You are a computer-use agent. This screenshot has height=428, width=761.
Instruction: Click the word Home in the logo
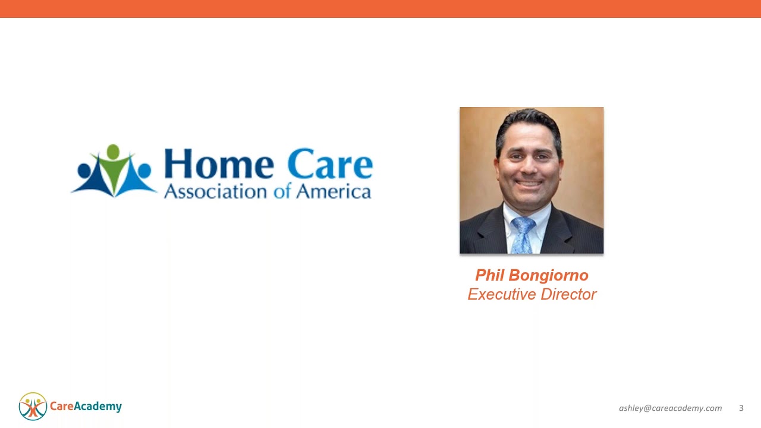(218, 164)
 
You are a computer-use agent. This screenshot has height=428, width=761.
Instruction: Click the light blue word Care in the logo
(330, 164)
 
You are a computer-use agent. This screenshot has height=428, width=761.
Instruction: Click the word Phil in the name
(489, 275)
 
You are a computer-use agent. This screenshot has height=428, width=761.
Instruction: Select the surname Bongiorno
(548, 276)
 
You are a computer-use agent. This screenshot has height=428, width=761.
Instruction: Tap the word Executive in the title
(502, 294)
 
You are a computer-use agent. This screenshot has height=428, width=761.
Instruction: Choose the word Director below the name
(568, 294)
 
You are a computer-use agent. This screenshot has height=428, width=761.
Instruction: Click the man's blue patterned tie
(523, 234)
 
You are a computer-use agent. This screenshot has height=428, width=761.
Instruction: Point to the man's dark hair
(529, 122)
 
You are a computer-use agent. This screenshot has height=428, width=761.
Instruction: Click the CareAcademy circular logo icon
(33, 407)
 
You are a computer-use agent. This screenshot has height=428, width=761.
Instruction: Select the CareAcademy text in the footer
(86, 407)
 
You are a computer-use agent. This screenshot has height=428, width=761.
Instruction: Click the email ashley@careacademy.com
(670, 408)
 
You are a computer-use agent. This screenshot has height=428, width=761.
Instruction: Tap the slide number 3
(741, 408)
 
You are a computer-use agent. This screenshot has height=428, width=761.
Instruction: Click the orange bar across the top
(380, 8)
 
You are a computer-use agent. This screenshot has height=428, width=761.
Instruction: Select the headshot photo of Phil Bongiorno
(532, 180)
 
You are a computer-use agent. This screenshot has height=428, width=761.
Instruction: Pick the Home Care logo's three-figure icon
(114, 171)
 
